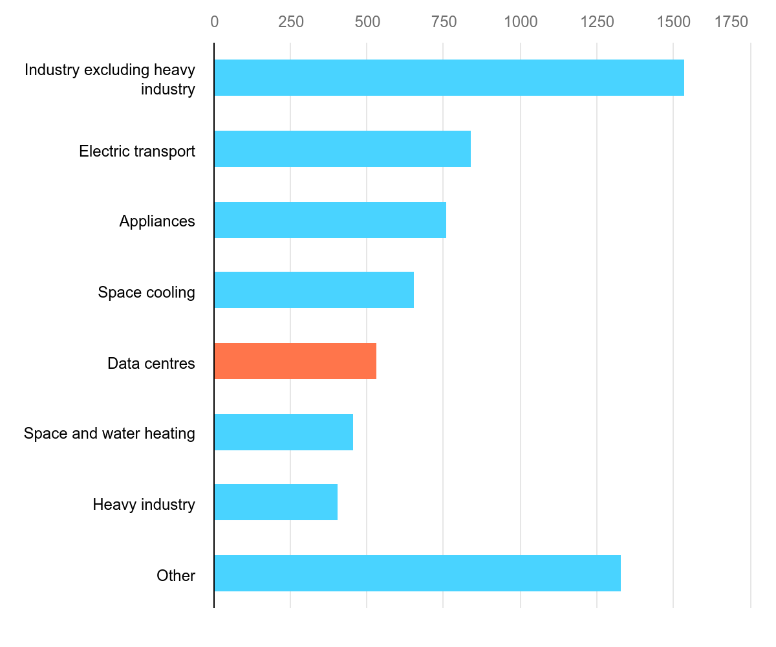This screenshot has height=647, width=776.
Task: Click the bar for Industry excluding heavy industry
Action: pyautogui.click(x=449, y=78)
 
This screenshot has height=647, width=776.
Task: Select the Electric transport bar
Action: pyautogui.click(x=342, y=149)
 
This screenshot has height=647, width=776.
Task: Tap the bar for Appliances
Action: pyautogui.click(x=330, y=220)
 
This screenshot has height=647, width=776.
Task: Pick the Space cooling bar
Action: pyautogui.click(x=314, y=290)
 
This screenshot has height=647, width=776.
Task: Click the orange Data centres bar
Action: pyautogui.click(x=295, y=361)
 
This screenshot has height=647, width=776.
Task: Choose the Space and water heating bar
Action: pyautogui.click(x=283, y=432)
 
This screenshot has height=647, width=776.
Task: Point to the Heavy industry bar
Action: pyautogui.click(x=275, y=502)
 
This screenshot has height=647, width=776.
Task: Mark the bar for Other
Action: pyautogui.click(x=417, y=573)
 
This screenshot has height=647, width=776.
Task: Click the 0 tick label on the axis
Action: pyautogui.click(x=214, y=22)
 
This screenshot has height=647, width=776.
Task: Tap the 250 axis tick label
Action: pyautogui.click(x=291, y=22)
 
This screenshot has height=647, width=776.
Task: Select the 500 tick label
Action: pyautogui.click(x=367, y=22)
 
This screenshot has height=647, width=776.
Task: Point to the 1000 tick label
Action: pyautogui.click(x=521, y=22)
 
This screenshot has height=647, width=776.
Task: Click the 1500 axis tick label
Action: pyautogui.click(x=674, y=22)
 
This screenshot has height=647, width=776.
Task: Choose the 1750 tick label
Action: pyautogui.click(x=731, y=22)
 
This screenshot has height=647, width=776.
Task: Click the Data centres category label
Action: pyautogui.click(x=151, y=364)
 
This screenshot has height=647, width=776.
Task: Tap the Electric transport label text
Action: pyautogui.click(x=137, y=151)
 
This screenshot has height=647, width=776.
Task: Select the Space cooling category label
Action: pyautogui.click(x=146, y=292)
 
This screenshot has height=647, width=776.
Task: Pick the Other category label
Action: pyautogui.click(x=176, y=576)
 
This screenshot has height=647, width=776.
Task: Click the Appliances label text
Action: pyautogui.click(x=157, y=221)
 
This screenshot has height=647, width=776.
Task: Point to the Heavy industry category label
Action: pyautogui.click(x=144, y=505)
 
